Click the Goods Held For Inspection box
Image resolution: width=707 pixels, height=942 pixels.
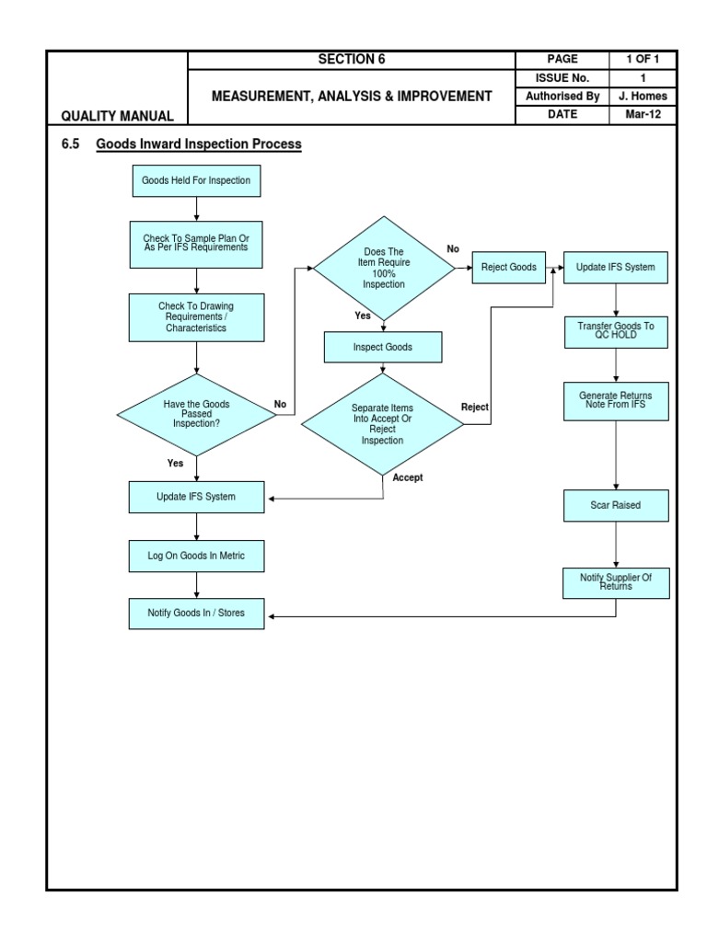point(195,180)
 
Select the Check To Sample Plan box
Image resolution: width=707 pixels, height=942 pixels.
point(195,243)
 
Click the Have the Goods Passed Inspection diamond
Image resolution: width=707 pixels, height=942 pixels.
point(196,414)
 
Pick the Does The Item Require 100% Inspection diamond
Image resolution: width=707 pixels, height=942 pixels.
point(384,268)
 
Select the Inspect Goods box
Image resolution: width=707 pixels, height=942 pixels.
point(383,348)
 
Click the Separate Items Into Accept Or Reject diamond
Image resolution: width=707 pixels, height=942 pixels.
point(383,424)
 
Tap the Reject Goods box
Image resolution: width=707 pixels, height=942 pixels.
point(508,267)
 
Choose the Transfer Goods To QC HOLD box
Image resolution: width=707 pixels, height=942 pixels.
point(616,331)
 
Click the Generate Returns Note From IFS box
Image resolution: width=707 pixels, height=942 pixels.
point(616,400)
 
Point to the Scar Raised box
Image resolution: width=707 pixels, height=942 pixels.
point(616,505)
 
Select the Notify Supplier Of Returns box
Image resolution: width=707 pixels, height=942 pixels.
point(616,581)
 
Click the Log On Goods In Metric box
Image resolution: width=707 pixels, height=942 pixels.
point(195,556)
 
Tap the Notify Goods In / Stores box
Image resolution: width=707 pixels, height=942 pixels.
point(195,613)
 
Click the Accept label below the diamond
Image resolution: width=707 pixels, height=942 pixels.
point(408,478)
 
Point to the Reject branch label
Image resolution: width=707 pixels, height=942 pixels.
point(474,407)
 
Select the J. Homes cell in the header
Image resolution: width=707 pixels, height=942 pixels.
point(643,96)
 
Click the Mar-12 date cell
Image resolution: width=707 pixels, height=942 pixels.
point(643,115)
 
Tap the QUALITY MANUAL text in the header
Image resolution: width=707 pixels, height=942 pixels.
point(116,116)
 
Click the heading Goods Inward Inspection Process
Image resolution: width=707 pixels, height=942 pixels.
point(198,144)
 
